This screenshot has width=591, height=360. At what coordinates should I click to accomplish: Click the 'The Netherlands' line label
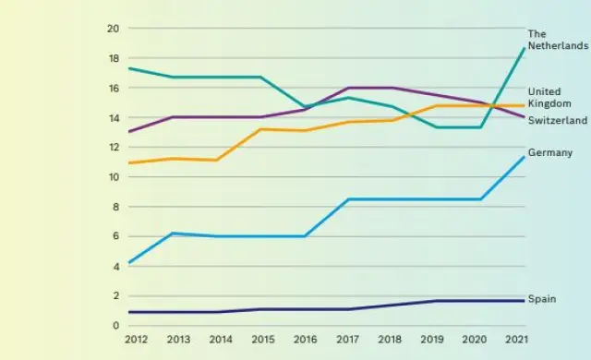coord(557,40)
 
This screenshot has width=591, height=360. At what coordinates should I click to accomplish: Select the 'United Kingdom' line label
coord(546,98)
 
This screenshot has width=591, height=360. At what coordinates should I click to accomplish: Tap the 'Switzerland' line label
coord(556,121)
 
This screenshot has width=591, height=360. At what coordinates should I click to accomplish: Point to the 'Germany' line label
coord(550,152)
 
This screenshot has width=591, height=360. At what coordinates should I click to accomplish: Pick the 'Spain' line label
coord(541,299)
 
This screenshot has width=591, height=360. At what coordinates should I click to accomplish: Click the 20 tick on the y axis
coord(114,29)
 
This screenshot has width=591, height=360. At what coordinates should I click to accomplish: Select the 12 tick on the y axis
coord(114,148)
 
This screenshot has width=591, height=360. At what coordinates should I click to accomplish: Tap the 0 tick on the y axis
coord(116,326)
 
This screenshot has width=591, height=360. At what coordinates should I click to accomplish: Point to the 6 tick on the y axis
coord(116,236)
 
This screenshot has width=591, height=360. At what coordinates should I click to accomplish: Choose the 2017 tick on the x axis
coord(349,340)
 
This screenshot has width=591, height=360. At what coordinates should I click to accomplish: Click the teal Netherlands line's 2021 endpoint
coord(525,48)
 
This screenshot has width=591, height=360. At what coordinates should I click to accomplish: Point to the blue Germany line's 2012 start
coord(129,263)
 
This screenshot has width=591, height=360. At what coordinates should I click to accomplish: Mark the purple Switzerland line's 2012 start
coord(129,132)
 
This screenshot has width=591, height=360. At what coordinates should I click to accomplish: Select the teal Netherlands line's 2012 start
coord(129,68)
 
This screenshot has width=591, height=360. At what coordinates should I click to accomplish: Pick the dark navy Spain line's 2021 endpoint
coord(525,301)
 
